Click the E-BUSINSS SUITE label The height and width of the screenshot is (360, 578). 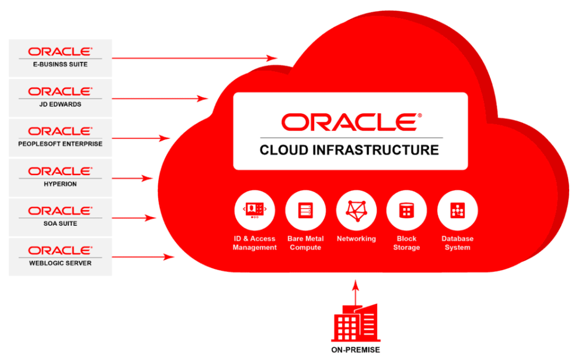(60, 65)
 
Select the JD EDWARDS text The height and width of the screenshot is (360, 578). (60, 104)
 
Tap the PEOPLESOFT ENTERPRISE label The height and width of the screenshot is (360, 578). (60, 144)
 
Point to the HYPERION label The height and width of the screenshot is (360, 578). (60, 184)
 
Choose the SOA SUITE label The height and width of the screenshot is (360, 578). (60, 223)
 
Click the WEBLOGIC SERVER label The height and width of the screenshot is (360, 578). (60, 263)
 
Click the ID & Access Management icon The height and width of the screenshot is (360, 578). (255, 211)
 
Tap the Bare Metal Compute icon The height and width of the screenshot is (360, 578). (305, 211)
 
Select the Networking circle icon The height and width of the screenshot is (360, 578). (356, 211)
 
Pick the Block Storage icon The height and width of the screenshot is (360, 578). (406, 211)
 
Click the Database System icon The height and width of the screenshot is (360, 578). (457, 211)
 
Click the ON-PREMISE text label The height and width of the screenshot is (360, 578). (354, 350)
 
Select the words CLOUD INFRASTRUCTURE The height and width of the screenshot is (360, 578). (349, 150)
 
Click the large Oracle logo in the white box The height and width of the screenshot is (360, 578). (349, 122)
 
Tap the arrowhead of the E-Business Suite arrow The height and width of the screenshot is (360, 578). (273, 58)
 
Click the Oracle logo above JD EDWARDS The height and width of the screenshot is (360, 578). (60, 92)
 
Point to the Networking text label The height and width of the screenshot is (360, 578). (356, 239)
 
